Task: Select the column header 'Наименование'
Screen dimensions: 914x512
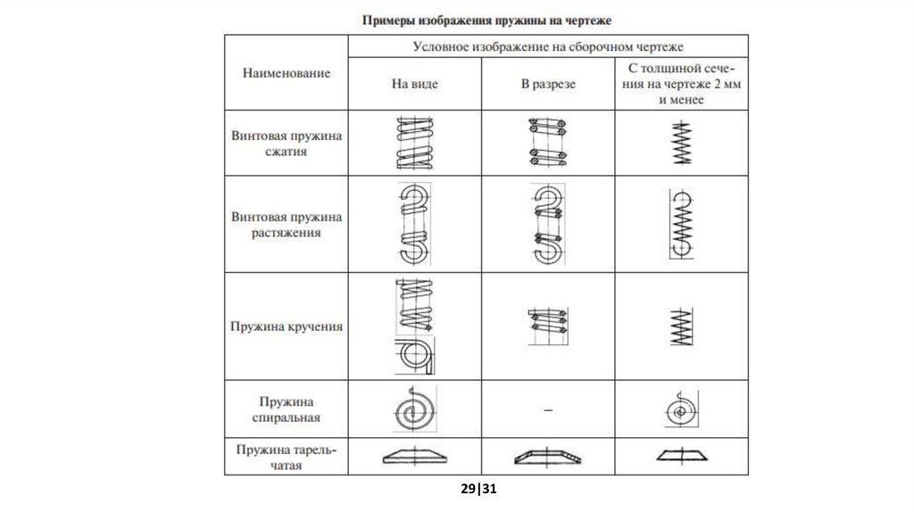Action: pyautogui.click(x=286, y=73)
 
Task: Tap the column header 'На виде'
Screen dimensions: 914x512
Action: pyautogui.click(x=415, y=85)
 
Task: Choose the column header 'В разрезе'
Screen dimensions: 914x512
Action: pyautogui.click(x=548, y=85)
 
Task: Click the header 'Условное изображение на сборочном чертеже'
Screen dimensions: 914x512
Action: pyautogui.click(x=548, y=47)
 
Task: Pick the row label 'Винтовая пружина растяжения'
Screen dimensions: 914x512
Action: pyautogui.click(x=286, y=224)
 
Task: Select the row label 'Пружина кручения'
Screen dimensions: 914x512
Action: pyautogui.click(x=286, y=326)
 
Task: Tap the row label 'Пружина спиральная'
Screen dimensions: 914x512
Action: pyautogui.click(x=286, y=409)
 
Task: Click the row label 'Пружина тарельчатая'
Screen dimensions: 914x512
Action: pyautogui.click(x=286, y=457)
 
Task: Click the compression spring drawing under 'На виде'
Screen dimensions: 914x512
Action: pyautogui.click(x=414, y=143)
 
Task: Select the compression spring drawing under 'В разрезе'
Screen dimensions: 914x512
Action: pyautogui.click(x=548, y=143)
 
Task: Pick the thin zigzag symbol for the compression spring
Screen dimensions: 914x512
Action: pyautogui.click(x=681, y=143)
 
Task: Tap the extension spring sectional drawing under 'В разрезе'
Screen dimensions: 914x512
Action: pyautogui.click(x=548, y=224)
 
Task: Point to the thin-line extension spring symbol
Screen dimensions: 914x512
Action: pyautogui.click(x=681, y=224)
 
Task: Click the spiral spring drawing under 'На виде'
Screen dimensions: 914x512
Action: pyautogui.click(x=414, y=409)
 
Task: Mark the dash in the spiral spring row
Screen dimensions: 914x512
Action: pyautogui.click(x=548, y=409)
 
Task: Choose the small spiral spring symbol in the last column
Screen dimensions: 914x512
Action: pyautogui.click(x=681, y=411)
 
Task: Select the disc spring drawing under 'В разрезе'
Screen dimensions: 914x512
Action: pyautogui.click(x=548, y=456)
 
